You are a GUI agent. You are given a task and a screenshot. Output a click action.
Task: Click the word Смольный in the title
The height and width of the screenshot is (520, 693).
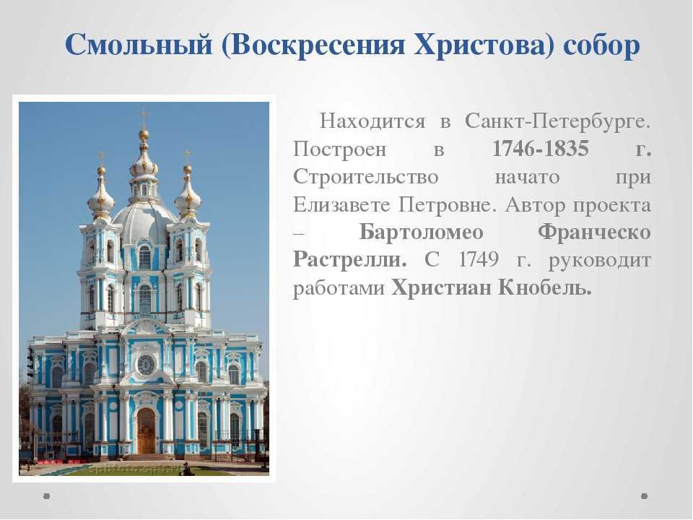pyautogui.click(x=139, y=45)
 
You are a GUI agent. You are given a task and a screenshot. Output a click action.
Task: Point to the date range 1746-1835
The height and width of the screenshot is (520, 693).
pyautogui.click(x=541, y=149)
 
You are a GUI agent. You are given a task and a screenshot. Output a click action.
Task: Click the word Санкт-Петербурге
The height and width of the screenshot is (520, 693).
pyautogui.click(x=558, y=121)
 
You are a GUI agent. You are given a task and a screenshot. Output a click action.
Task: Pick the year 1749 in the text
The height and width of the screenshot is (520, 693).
pyautogui.click(x=479, y=259)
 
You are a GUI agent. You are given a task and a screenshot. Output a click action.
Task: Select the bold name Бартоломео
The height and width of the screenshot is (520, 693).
pyautogui.click(x=421, y=232)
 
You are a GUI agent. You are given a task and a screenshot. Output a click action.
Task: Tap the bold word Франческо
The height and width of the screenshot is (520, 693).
pyautogui.click(x=594, y=232)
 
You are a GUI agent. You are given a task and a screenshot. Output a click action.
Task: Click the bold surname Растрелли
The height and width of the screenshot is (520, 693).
pyautogui.click(x=349, y=260)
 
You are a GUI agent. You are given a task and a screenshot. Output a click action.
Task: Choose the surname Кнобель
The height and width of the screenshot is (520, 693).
pyautogui.click(x=545, y=287)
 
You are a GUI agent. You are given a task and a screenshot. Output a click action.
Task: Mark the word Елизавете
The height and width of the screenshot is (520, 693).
pyautogui.click(x=342, y=204)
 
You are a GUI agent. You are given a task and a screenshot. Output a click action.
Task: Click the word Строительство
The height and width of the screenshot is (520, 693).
pyautogui.click(x=365, y=177)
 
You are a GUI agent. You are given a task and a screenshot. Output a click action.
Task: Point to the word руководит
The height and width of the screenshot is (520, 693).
pyautogui.click(x=600, y=261)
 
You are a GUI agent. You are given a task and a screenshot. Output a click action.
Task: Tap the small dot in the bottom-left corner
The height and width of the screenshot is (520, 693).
pyautogui.click(x=47, y=496)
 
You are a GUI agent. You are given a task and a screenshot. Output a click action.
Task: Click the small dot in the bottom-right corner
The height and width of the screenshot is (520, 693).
pyautogui.click(x=645, y=496)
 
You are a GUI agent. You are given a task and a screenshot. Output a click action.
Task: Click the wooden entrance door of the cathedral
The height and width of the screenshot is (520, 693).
pyautogui.click(x=146, y=430)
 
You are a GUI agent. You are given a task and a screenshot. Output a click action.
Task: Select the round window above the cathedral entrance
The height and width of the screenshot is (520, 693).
pyautogui.click(x=146, y=365)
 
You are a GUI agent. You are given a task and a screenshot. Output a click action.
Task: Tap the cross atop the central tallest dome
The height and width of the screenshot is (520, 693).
pyautogui.click(x=144, y=117)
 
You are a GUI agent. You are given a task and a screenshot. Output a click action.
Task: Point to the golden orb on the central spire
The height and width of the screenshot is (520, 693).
pyautogui.click(x=144, y=134)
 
